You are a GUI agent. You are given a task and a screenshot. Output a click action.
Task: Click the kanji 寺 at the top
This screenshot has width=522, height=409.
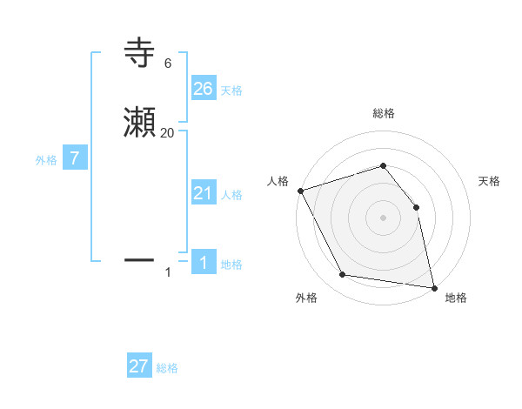coord(140,53)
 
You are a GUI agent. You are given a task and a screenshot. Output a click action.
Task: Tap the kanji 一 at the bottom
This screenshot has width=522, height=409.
coord(140,259)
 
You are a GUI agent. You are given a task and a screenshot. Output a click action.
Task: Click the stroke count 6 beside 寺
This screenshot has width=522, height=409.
coord(167,64)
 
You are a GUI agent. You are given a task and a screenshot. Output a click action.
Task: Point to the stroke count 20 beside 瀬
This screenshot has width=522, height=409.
coord(167,133)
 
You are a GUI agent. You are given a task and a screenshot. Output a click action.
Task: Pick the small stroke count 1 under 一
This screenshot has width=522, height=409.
coord(168,272)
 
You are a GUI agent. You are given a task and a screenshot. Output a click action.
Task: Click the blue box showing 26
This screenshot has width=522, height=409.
coord(204,89)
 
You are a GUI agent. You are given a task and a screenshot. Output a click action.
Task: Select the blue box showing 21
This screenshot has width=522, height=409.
coord(204,193)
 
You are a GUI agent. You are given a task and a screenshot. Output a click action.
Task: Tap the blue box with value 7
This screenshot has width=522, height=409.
coord(75,158)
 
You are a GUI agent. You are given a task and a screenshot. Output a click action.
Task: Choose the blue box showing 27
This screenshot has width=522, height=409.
coord(139,366)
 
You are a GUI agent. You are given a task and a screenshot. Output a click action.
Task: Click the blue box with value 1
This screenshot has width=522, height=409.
coord(204,263)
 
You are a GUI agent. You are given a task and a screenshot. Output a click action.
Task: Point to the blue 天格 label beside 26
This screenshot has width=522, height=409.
coord(231,91)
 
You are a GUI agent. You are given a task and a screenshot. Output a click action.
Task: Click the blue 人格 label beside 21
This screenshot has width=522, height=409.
coord(231,195)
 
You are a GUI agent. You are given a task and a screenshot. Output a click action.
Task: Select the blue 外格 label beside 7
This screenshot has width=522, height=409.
coord(46,160)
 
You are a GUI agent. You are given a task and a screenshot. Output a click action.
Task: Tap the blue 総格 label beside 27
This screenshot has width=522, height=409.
coord(167,368)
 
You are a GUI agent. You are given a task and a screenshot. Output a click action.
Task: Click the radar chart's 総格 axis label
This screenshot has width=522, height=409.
coord(383,113)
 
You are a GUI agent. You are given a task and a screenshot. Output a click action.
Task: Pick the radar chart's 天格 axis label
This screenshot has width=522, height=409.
coord(490,181)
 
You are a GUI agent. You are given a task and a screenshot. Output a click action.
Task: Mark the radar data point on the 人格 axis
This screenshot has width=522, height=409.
coord(300,191)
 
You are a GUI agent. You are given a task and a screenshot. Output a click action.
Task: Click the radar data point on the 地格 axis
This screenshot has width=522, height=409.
coord(433,287)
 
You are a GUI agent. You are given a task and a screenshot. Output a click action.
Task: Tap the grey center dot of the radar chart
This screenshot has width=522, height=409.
coord(383,218)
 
